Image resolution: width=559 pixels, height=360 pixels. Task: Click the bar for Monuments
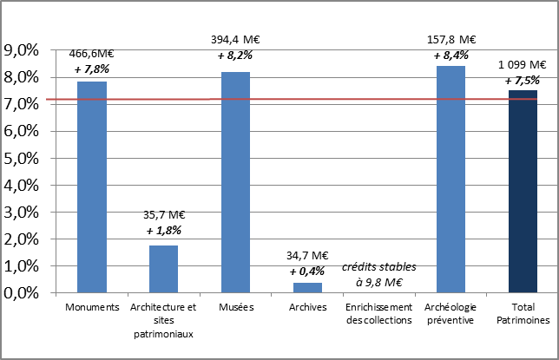tap(92, 187)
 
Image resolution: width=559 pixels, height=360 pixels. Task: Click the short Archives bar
tap(307, 287)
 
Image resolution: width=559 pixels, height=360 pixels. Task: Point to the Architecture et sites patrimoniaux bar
tap(164, 269)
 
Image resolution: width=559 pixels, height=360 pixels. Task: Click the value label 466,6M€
tap(92, 54)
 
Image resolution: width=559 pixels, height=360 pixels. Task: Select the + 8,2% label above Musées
tap(235, 55)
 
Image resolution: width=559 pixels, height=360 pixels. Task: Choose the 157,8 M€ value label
tap(450, 40)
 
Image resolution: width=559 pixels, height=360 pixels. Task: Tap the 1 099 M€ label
tap(522, 65)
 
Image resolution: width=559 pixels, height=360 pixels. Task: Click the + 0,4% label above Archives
tap(307, 271)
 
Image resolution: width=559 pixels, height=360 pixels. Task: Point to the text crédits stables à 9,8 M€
tap(378, 275)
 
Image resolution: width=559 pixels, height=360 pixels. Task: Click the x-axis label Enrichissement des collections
tap(378, 313)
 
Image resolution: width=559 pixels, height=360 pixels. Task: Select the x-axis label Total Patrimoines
tap(523, 313)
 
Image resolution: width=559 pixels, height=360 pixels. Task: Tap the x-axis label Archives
tap(307, 307)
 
